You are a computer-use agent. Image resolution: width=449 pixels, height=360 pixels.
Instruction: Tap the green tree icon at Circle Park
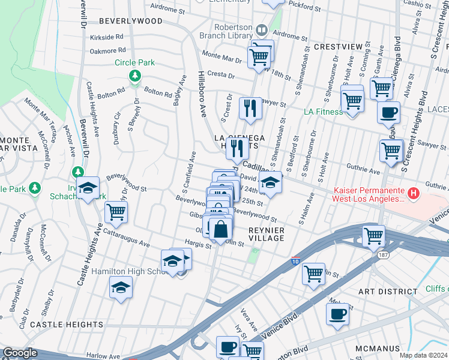[x=135, y=76]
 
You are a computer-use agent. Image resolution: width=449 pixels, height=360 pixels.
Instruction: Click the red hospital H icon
[x=413, y=193]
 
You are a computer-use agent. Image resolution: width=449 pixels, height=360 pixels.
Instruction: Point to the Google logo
[x=20, y=353]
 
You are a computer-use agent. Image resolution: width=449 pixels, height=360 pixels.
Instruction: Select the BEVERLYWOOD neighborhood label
[x=130, y=20]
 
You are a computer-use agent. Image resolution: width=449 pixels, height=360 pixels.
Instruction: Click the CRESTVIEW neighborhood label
[x=338, y=46]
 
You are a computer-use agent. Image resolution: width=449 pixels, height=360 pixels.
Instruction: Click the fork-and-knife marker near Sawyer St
[x=250, y=109]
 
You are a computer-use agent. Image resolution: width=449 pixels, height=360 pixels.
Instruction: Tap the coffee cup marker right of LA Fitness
[x=388, y=112]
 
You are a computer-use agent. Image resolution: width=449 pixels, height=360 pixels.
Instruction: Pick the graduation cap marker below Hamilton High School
[x=121, y=288]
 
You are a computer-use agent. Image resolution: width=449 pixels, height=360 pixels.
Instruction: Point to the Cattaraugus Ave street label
[x=126, y=238]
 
